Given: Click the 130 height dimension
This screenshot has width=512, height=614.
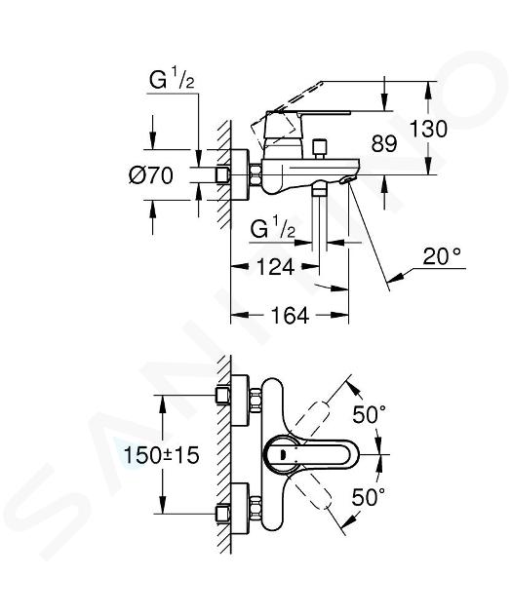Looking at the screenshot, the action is tap(428, 129).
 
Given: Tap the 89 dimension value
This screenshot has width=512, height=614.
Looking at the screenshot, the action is tap(384, 143).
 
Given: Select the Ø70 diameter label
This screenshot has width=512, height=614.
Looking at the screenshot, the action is tap(151, 175).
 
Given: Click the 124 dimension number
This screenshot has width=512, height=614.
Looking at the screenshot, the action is tap(275, 267).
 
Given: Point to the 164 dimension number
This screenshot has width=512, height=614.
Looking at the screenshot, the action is tap(290, 315).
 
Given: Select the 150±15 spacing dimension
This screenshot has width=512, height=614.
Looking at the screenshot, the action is tap(161, 455).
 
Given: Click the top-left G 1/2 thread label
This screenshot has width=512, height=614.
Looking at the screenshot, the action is tap(172, 80).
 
